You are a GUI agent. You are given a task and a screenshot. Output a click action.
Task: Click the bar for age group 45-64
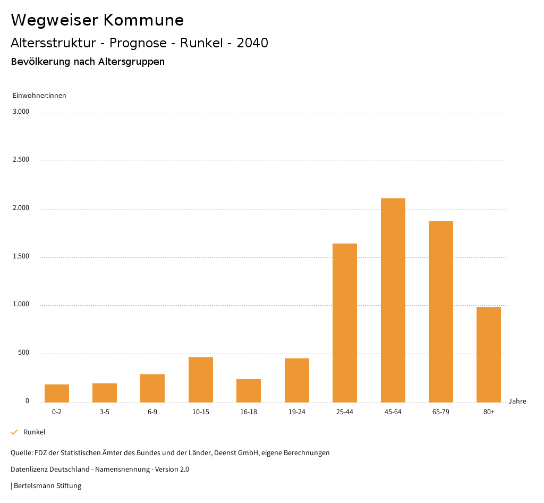pyautogui.click(x=393, y=300)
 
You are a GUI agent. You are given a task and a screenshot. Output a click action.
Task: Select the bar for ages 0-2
pyautogui.click(x=57, y=393)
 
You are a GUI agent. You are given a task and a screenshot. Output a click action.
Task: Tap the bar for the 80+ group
pyautogui.click(x=489, y=354)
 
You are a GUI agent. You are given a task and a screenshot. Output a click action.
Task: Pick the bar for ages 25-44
pyautogui.click(x=345, y=323)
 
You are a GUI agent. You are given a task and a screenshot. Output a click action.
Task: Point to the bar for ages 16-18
pyautogui.click(x=249, y=390)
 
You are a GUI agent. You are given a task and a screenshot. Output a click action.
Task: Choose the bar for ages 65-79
pyautogui.click(x=441, y=312)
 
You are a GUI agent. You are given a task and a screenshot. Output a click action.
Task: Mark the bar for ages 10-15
pyautogui.click(x=201, y=380)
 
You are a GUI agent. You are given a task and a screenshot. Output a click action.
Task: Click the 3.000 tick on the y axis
pyautogui.click(x=22, y=112)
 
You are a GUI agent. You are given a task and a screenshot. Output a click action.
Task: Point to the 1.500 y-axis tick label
pyautogui.click(x=22, y=256)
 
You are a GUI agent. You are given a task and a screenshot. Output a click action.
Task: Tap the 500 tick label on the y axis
pyautogui.click(x=24, y=353)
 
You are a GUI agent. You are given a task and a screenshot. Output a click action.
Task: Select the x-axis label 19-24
pyautogui.click(x=296, y=412)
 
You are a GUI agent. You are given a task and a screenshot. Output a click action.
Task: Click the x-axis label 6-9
pyautogui.click(x=152, y=412)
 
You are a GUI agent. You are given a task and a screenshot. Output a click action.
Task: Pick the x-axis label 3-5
pyautogui.click(x=105, y=412)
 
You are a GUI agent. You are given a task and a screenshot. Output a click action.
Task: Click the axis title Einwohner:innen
pyautogui.click(x=39, y=96)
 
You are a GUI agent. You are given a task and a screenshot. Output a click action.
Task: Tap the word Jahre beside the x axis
pyautogui.click(x=517, y=401)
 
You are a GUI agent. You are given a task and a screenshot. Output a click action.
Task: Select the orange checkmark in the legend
pyautogui.click(x=14, y=432)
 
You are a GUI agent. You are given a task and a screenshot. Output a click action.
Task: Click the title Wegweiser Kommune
pyautogui.click(x=97, y=20)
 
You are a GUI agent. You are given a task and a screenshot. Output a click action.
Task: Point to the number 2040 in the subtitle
pyautogui.click(x=252, y=43)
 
